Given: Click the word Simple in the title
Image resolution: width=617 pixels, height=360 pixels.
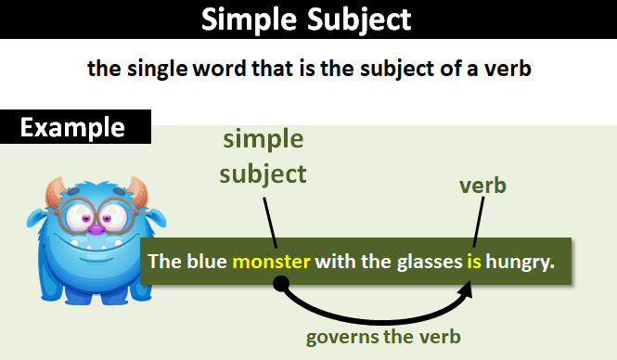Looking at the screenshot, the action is pos(249,19).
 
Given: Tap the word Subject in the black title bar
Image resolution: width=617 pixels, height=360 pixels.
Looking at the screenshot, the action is pos(359,19).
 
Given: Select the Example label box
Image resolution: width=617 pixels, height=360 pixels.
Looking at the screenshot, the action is pos(75,127).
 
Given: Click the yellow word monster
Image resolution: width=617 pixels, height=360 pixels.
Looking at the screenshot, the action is pos(272,262).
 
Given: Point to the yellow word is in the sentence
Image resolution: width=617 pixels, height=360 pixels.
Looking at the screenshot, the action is pos(474,262).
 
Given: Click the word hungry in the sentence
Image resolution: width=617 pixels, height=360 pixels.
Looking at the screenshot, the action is pos(521,263).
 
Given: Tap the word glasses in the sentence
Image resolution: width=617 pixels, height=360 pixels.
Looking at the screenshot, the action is pos(430,263).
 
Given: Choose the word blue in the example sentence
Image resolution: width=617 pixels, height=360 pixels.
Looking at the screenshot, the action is pos(207,262).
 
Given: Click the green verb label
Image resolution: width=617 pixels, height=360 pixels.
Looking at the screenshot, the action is pos(482,186).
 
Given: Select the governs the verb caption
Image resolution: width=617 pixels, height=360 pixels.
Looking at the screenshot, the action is pos(383,337).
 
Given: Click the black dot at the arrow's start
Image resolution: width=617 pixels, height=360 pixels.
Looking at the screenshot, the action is pos(281,283).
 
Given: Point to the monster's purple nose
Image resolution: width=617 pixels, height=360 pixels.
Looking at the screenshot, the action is pos(96,229).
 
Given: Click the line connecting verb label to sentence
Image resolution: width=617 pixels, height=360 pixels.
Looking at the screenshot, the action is pos(479,222).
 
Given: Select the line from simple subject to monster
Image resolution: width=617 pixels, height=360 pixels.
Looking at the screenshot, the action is pos(270,223).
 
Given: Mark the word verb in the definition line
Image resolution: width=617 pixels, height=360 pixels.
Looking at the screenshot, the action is pos(508,69).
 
